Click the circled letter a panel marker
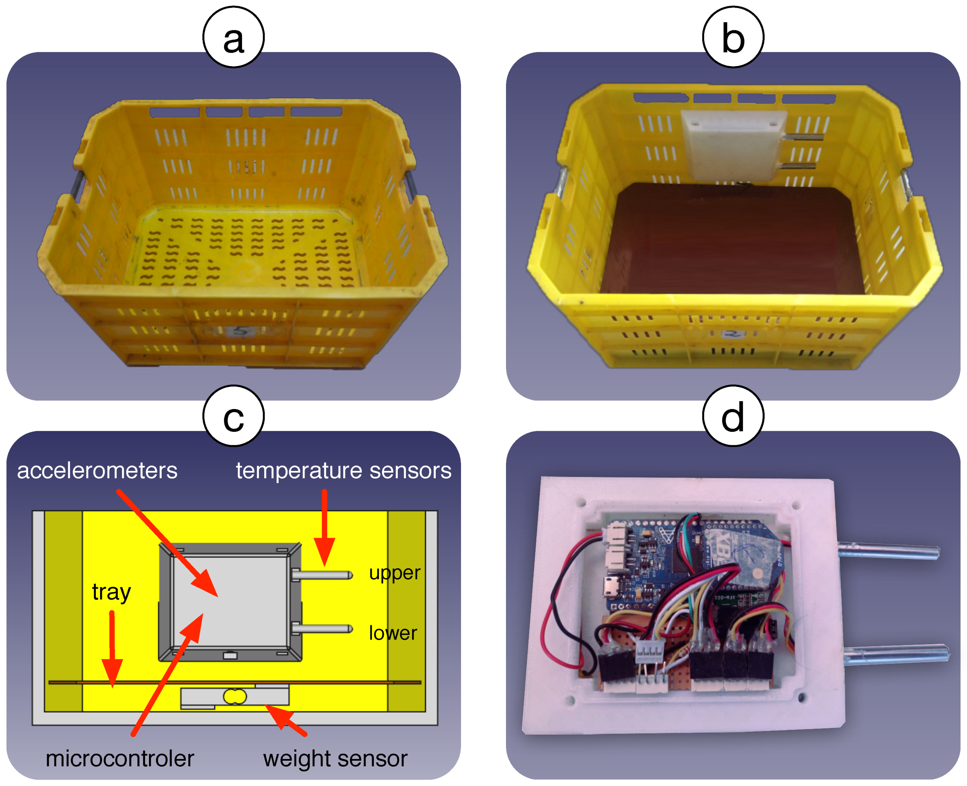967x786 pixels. pos(233,37)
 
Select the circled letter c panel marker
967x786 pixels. pos(233,416)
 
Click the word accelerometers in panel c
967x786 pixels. pos(97,471)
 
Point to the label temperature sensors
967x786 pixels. pos(343,471)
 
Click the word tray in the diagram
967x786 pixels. pos(111,592)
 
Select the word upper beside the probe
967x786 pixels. pos(394,573)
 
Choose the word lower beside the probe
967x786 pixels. pos(392,633)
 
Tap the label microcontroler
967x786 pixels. pos(120,758)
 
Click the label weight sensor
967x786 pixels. pos(335,758)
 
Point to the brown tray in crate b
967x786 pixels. pos(733,240)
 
